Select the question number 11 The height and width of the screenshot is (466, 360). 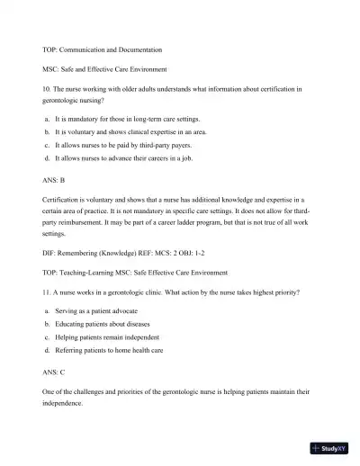tap(47, 293)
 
